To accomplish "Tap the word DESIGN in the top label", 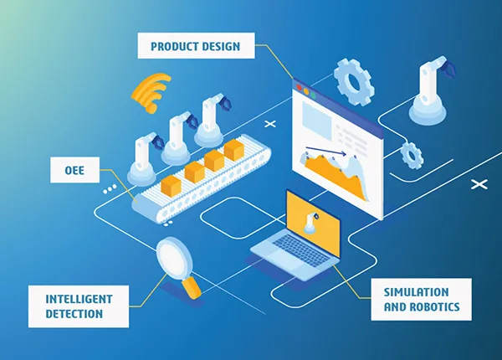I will click(x=223, y=46).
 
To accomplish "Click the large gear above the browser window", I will click(x=354, y=80).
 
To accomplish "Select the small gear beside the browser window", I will click(x=410, y=154).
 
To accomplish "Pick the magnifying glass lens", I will click(x=173, y=255).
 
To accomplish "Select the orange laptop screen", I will click(x=314, y=219).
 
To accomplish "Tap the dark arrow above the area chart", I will click(x=325, y=153).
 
